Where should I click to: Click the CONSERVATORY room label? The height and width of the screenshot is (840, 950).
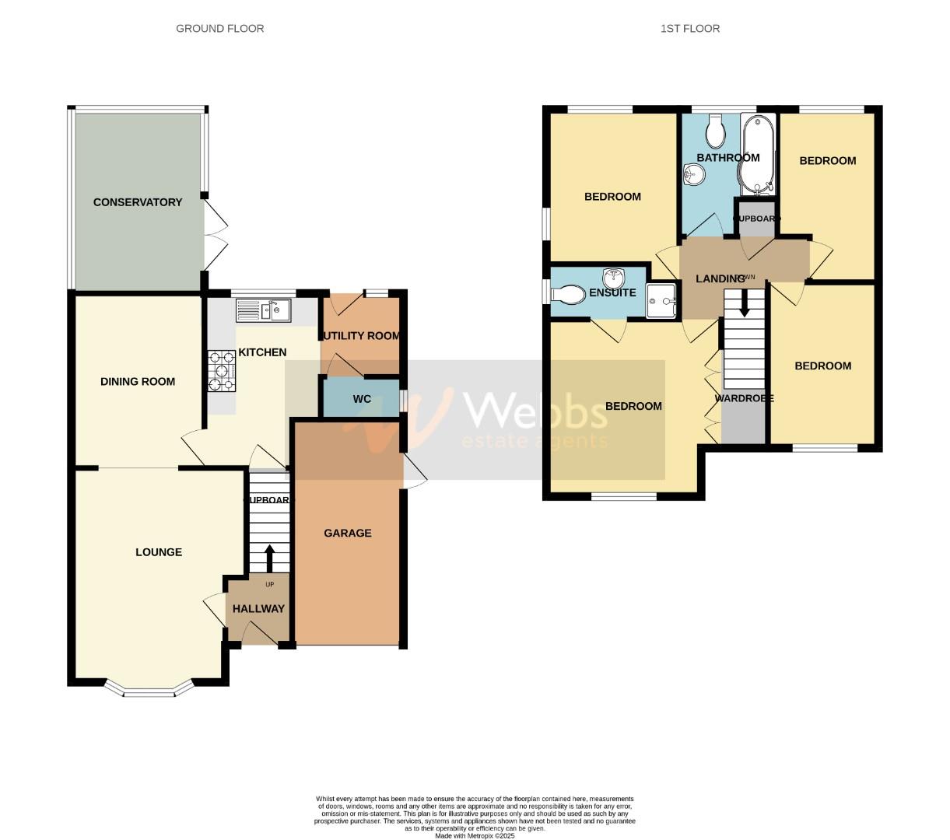[138, 202]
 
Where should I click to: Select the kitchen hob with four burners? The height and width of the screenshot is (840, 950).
[221, 371]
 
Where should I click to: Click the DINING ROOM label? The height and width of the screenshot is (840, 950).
[138, 382]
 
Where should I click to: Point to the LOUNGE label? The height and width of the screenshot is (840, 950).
[159, 552]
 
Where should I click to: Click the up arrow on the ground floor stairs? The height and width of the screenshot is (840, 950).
[269, 558]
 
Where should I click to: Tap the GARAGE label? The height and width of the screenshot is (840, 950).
[348, 533]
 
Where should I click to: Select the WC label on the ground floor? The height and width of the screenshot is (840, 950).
[362, 400]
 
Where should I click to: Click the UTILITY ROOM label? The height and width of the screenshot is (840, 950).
[361, 336]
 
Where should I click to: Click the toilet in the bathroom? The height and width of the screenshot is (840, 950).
[715, 132]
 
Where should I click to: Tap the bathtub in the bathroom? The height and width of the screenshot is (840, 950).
[756, 154]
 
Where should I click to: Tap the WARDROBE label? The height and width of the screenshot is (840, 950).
[745, 398]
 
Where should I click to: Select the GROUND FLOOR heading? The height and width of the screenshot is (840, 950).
[220, 29]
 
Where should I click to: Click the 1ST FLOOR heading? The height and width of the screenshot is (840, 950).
[690, 29]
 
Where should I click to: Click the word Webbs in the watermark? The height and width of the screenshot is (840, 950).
[535, 410]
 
